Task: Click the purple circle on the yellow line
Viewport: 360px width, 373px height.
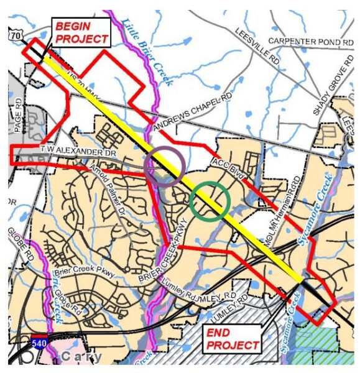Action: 164,167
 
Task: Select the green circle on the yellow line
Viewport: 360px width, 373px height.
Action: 210,201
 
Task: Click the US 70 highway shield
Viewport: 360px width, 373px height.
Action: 16,37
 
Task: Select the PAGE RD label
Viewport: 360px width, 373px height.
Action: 17,113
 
